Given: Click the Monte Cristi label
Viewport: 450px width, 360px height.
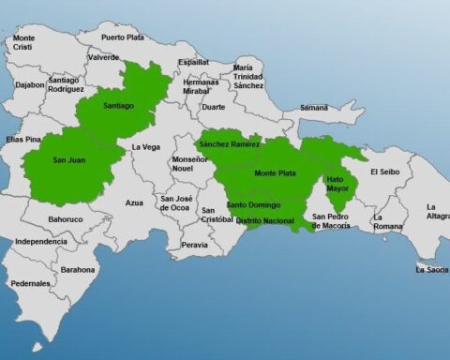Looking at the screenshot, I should [24, 42].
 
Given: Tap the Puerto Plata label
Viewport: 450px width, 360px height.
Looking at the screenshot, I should [124, 37].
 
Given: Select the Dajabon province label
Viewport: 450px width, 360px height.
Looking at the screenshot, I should [30, 84].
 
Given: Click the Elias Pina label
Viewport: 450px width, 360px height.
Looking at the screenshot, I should [24, 140].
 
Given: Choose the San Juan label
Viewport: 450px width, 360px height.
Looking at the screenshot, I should [69, 159].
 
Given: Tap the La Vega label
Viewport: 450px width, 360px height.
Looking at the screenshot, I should [144, 147].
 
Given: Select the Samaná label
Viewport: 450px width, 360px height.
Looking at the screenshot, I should [313, 108].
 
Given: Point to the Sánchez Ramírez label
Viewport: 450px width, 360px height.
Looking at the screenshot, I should [229, 143].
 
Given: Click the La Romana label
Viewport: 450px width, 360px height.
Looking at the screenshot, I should [387, 222].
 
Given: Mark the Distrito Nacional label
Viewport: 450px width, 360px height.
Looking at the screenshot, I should [264, 221].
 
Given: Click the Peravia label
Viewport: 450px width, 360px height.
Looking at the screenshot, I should [195, 245].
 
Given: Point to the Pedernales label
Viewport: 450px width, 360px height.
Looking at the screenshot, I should [30, 283].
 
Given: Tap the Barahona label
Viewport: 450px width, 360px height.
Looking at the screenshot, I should [78, 270].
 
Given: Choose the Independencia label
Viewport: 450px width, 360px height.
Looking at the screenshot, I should [41, 241].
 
